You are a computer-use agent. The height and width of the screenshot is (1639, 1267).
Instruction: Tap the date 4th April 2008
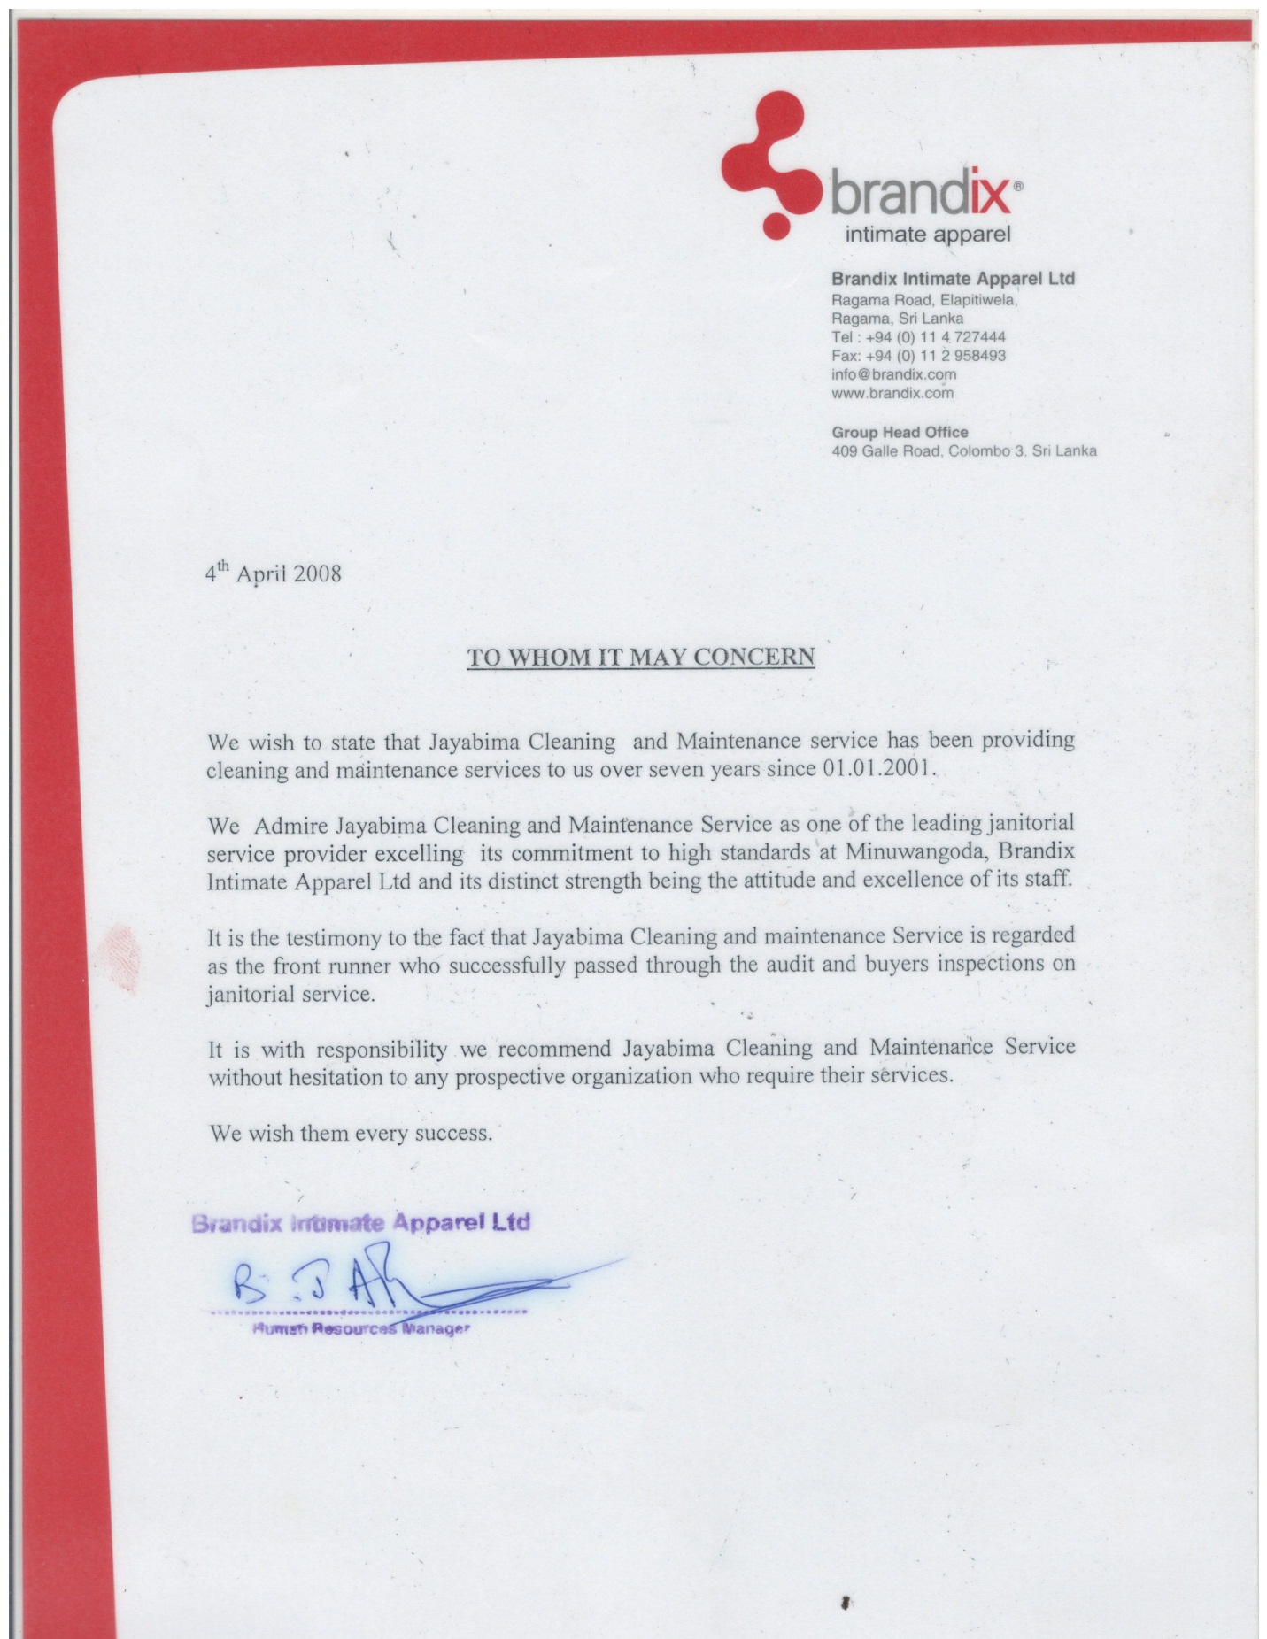tap(273, 573)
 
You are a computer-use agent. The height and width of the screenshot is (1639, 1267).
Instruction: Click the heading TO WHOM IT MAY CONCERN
tap(640, 657)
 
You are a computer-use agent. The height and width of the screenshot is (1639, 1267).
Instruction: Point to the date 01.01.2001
tap(877, 767)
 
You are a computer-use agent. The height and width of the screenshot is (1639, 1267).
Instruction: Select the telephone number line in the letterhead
tap(918, 337)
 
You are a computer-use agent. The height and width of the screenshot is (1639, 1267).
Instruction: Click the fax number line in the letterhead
tap(918, 356)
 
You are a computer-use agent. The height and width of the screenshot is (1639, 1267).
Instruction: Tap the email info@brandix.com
tap(893, 374)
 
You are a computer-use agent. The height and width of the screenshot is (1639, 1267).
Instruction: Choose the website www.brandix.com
tap(892, 393)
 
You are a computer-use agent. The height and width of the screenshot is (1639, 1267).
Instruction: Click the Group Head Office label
tap(900, 432)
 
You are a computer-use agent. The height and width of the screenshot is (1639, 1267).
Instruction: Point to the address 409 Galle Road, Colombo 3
tap(963, 451)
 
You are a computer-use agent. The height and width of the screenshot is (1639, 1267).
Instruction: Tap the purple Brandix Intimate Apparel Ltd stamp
tap(360, 1224)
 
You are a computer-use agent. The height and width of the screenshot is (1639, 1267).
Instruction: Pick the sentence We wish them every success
tap(350, 1133)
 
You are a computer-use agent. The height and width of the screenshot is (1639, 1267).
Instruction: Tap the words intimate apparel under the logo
tap(927, 235)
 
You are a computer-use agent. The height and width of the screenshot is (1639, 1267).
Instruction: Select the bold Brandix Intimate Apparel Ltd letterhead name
tap(953, 279)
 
